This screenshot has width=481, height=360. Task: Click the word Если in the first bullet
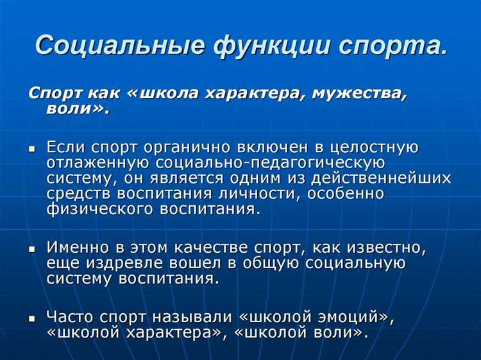point(65,147)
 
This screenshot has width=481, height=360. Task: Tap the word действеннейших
point(370,178)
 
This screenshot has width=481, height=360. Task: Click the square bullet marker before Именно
point(32,247)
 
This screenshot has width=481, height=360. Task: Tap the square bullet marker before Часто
point(32,317)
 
